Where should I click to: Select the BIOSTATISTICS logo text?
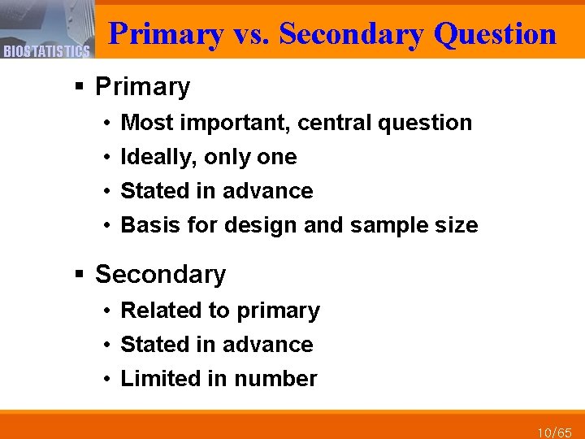point(46,52)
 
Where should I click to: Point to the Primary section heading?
point(142,86)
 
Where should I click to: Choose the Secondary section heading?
point(160,274)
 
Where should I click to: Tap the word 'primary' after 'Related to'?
point(279,311)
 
